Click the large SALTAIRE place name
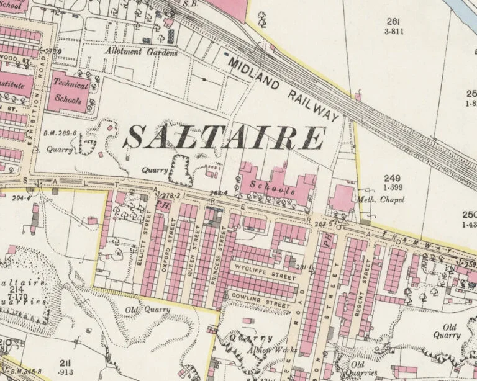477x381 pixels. (224, 138)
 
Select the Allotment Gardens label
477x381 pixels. (142, 53)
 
